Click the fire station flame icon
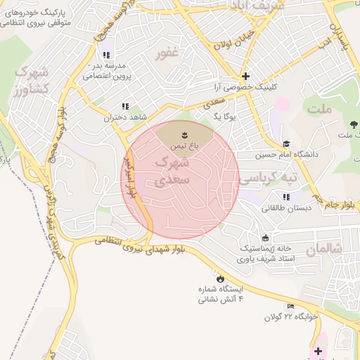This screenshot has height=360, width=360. (221, 278)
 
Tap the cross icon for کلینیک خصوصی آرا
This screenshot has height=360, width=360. (245, 76)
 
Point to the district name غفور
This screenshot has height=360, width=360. (167, 54)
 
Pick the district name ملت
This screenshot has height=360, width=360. (319, 108)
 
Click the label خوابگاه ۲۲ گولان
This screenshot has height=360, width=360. (291, 316)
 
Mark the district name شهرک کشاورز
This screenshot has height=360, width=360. (30, 81)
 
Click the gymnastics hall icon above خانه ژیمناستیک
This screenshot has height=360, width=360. (264, 238)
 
